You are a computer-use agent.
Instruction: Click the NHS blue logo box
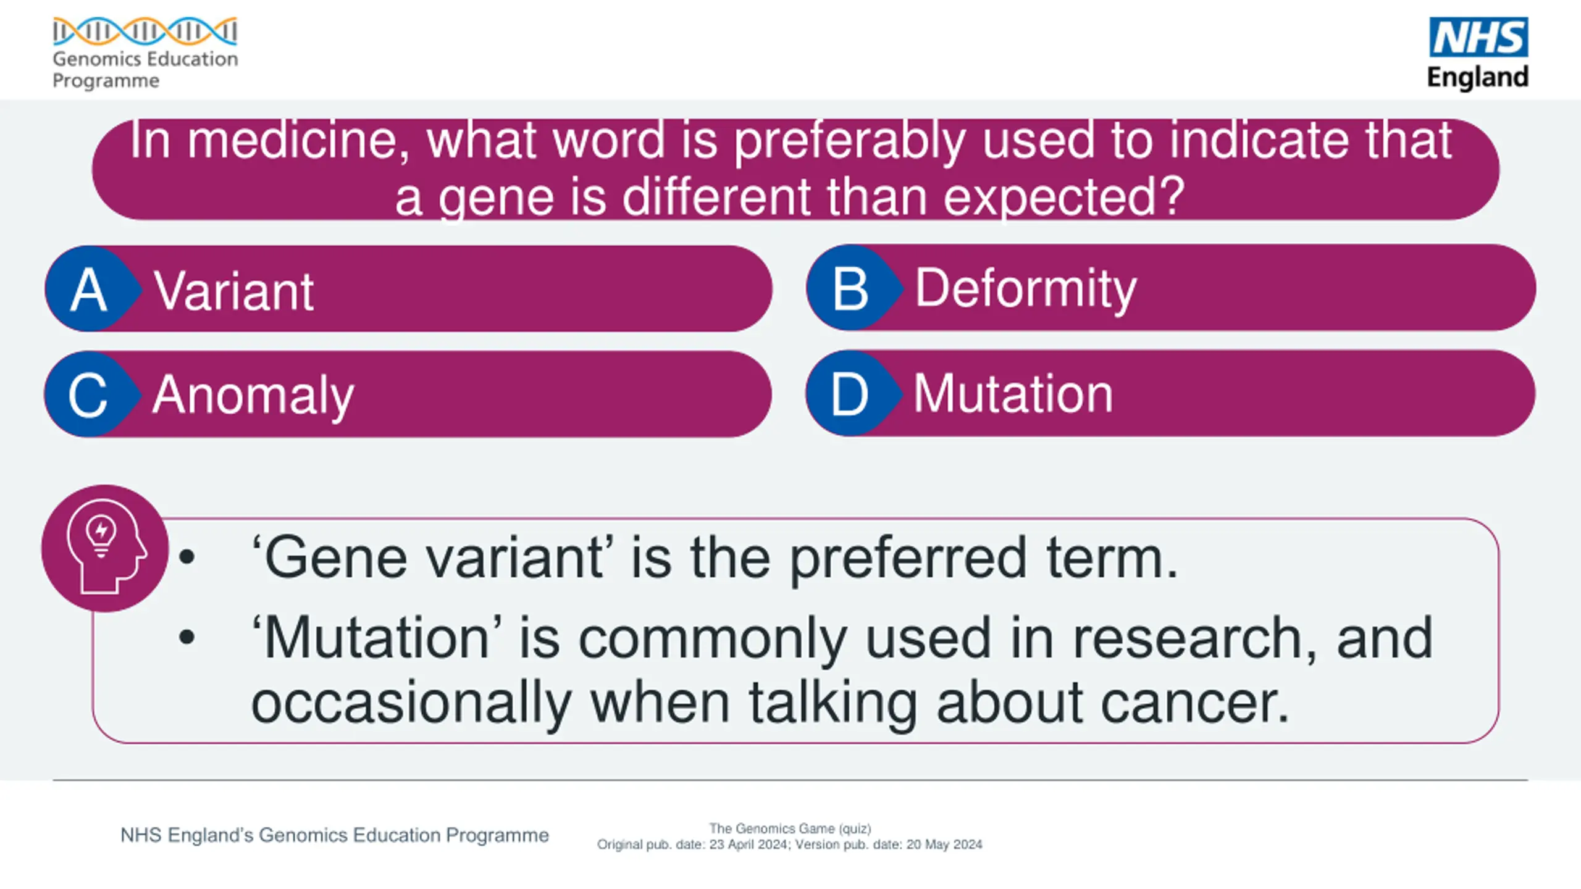click(x=1478, y=37)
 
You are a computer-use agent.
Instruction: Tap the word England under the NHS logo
click(x=1478, y=78)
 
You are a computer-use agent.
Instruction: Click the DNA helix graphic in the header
click(x=145, y=31)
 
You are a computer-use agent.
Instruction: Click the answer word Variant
click(x=234, y=291)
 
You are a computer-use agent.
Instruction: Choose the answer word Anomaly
click(x=253, y=397)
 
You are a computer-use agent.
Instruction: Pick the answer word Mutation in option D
click(x=1013, y=393)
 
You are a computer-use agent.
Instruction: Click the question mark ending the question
click(x=1170, y=196)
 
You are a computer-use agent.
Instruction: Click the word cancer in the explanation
click(x=1195, y=703)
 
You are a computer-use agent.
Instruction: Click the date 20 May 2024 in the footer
click(x=944, y=845)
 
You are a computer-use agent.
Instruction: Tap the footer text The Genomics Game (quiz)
click(x=790, y=828)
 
